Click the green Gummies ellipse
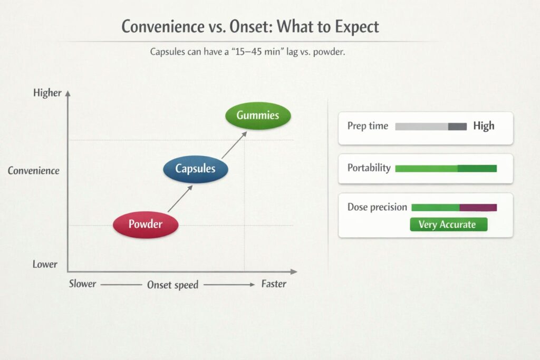(258, 115)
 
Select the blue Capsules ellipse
(196, 169)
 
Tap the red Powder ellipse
(146, 225)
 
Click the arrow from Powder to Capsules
(180, 199)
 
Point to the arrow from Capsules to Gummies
(235, 145)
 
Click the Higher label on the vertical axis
(47, 93)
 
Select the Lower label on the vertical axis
(45, 264)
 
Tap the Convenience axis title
(33, 171)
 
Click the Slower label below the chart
(82, 284)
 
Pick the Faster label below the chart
(274, 284)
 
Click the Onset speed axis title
(172, 285)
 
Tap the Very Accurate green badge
(449, 225)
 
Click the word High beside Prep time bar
(484, 126)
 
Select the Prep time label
(368, 127)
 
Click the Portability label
(369, 168)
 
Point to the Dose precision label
(377, 207)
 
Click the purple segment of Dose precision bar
(478, 208)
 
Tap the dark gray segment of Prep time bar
(457, 127)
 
